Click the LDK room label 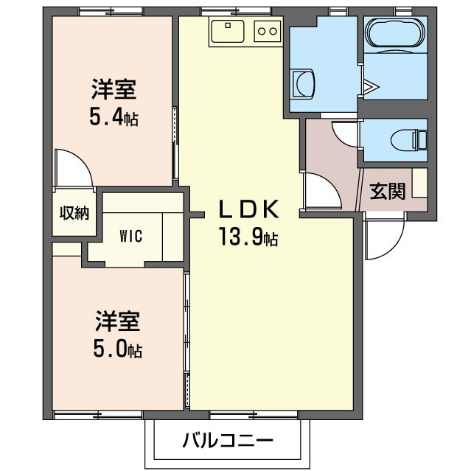point(248,210)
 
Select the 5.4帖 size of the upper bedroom point(114,117)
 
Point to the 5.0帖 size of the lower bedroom point(117,349)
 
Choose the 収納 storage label point(74,213)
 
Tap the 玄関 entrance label point(387,192)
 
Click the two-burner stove point(268,32)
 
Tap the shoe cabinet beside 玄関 point(419,183)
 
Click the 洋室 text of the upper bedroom point(114,91)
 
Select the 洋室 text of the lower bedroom point(117,322)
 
